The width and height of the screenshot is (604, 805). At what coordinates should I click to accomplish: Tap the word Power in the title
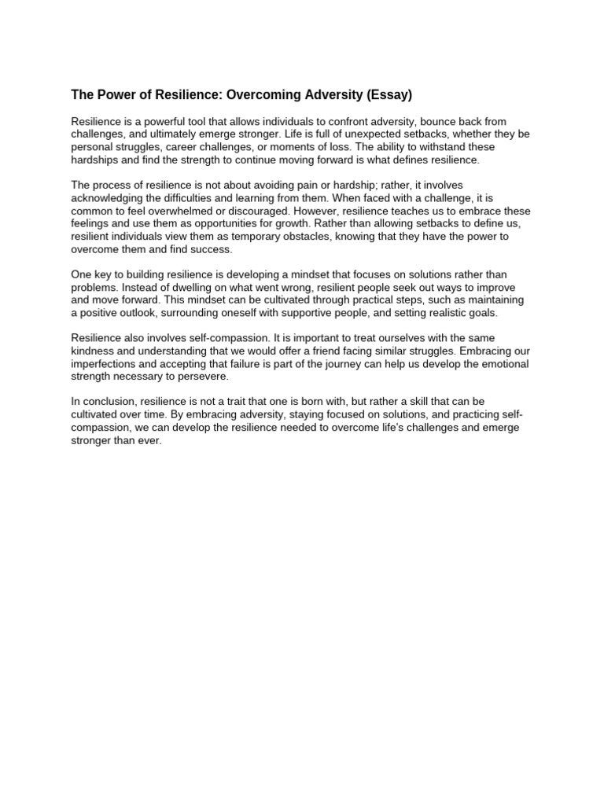pyautogui.click(x=112, y=95)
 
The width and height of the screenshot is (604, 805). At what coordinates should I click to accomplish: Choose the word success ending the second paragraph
pyautogui.click(x=211, y=249)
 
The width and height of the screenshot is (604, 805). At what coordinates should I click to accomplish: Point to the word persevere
pyautogui.click(x=204, y=377)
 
